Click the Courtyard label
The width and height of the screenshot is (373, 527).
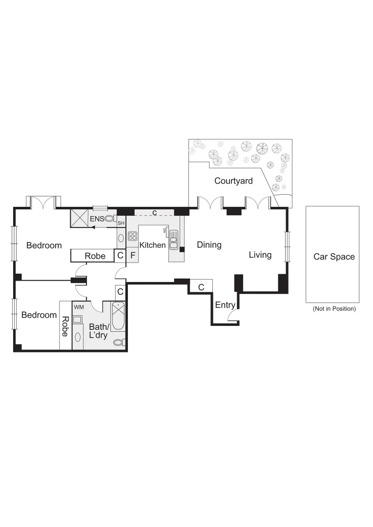(x=233, y=181)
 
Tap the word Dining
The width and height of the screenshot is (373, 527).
(x=209, y=245)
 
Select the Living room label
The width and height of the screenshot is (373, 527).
(x=260, y=255)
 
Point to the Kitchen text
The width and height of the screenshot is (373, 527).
(x=152, y=245)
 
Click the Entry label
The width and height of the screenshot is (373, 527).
(x=225, y=305)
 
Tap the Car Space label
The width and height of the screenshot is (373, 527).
(x=334, y=257)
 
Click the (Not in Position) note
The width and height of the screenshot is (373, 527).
(x=334, y=309)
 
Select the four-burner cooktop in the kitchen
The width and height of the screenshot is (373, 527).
(x=132, y=236)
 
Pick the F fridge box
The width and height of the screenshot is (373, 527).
(x=132, y=255)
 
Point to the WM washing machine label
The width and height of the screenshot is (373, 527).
(x=78, y=307)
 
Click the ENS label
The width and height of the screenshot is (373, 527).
(x=97, y=219)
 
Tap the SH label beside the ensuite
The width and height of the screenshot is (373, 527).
(x=121, y=223)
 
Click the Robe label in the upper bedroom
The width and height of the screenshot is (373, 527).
(x=95, y=256)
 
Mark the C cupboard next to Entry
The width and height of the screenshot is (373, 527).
(x=201, y=286)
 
